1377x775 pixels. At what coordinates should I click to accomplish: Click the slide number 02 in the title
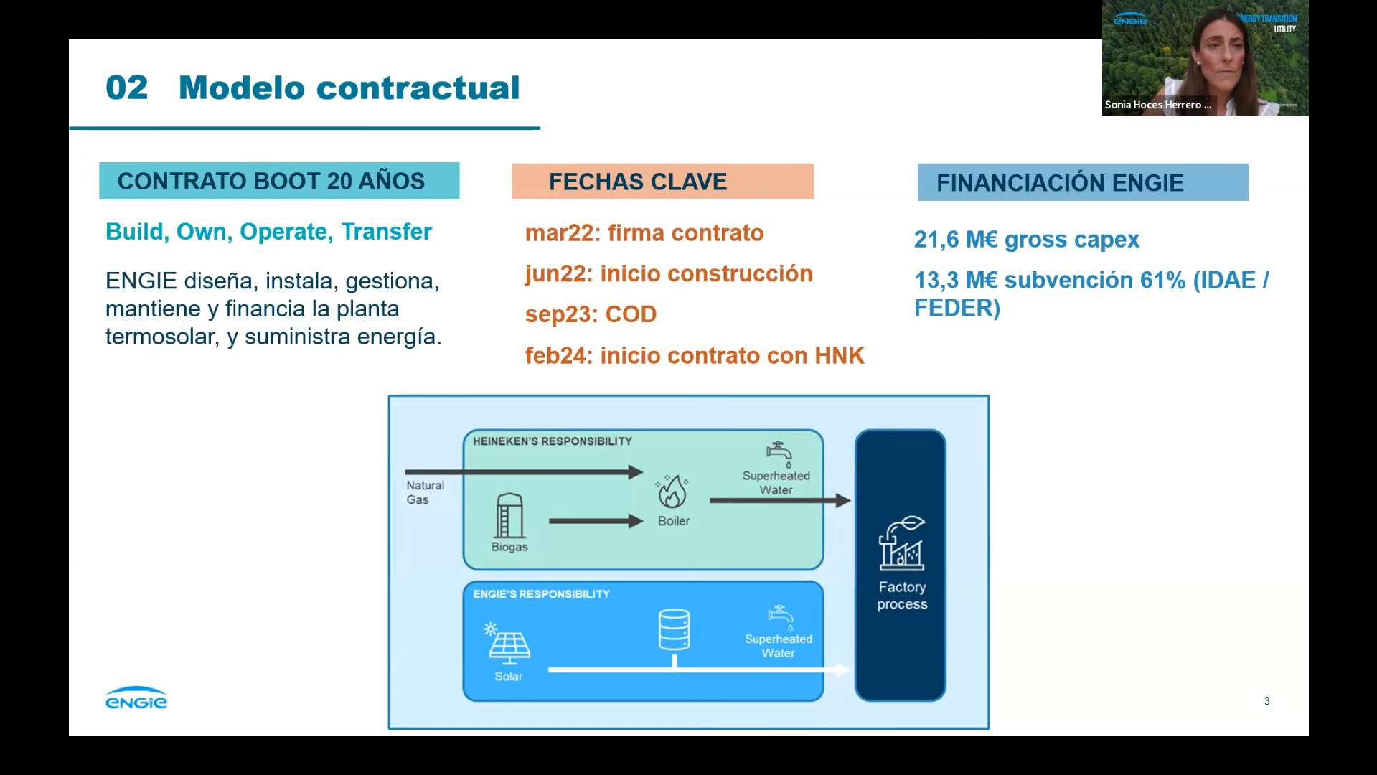tap(126, 88)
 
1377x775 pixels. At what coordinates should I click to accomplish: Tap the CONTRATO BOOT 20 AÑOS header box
tap(279, 181)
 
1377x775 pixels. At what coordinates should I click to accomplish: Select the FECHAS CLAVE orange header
tap(662, 182)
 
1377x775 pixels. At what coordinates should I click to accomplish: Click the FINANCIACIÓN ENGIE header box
tap(1082, 182)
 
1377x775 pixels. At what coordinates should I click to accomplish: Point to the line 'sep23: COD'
tap(591, 314)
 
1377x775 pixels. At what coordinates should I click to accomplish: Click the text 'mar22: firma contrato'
tap(644, 233)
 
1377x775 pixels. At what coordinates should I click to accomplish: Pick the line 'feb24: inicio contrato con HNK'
tap(694, 355)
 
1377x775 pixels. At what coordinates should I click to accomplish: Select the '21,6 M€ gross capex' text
tap(1026, 239)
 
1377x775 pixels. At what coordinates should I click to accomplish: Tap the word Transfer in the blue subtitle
tap(386, 232)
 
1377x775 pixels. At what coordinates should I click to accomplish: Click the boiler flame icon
tap(672, 492)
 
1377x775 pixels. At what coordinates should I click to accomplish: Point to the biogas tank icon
tap(509, 515)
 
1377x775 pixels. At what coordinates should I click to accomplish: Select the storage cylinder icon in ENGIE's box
tap(674, 629)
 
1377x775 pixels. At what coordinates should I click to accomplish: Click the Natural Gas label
tap(425, 492)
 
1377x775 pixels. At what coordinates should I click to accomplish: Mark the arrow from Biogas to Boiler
tap(596, 521)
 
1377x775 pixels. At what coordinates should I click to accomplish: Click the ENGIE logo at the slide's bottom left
tap(136, 698)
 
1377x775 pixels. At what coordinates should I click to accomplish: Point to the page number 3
tap(1266, 701)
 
